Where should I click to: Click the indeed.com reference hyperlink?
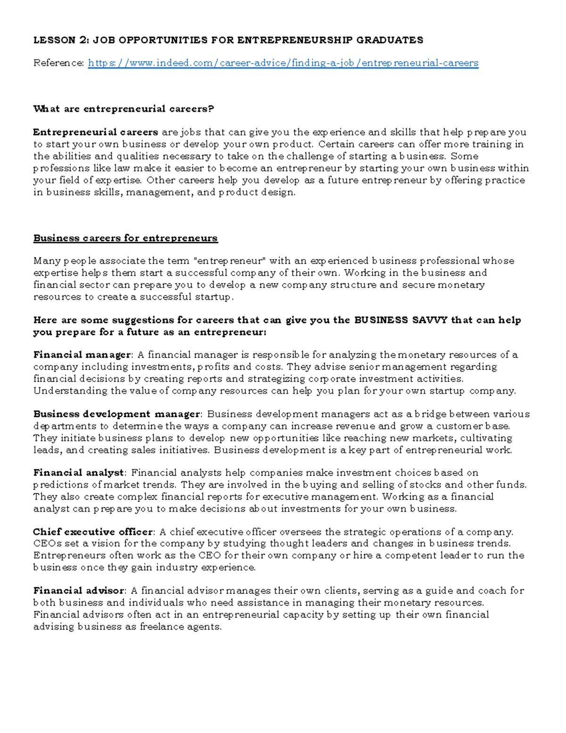(283, 63)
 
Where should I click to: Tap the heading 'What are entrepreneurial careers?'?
(124, 109)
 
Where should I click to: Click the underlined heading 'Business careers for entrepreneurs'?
(125, 238)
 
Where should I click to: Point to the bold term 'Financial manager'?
(82, 355)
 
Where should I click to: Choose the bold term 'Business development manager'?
(117, 414)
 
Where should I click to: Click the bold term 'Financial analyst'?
(78, 473)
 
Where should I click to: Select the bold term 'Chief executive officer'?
(93, 532)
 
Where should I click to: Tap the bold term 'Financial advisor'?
(79, 591)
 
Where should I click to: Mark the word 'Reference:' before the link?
(59, 63)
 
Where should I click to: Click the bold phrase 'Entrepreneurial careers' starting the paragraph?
(96, 133)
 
